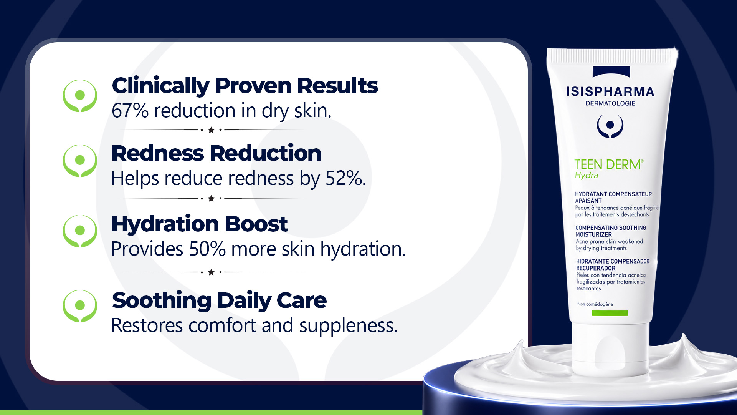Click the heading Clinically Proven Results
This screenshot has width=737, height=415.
pos(245,86)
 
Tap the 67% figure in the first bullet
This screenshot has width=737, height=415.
pos(130,111)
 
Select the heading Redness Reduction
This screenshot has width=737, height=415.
pos(216,153)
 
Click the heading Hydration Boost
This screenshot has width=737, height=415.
pos(200,224)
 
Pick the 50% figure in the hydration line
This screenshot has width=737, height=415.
pos(207,249)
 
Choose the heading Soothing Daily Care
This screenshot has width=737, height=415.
pos(219,301)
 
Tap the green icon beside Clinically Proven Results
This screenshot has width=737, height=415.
pos(80,96)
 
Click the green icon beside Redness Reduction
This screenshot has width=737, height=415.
pos(80,161)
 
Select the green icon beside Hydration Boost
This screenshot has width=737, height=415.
pos(80,231)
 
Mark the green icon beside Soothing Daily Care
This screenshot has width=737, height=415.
pos(80,306)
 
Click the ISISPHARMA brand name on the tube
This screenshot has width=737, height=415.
pos(610,91)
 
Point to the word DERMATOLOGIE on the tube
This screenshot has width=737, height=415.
pos(610,103)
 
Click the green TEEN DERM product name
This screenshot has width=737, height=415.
pos(609,164)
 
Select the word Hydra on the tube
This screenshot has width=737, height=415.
pos(586,176)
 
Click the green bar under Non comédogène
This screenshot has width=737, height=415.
pos(610,313)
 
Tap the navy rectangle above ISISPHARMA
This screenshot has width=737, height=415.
pos(611,72)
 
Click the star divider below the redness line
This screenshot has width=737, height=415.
pos(211,198)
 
